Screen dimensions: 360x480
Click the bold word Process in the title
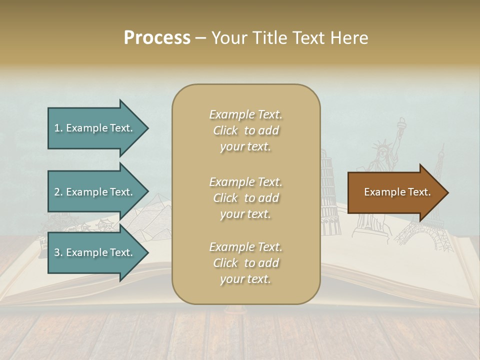[x=157, y=38]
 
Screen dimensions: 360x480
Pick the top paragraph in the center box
[x=245, y=130]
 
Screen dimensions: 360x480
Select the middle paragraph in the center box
[x=245, y=198]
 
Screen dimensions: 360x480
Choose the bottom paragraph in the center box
[x=245, y=263]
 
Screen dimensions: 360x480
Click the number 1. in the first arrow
[x=58, y=128]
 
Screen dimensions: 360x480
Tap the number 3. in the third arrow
[x=58, y=252]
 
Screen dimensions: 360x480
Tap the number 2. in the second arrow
[x=58, y=192]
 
